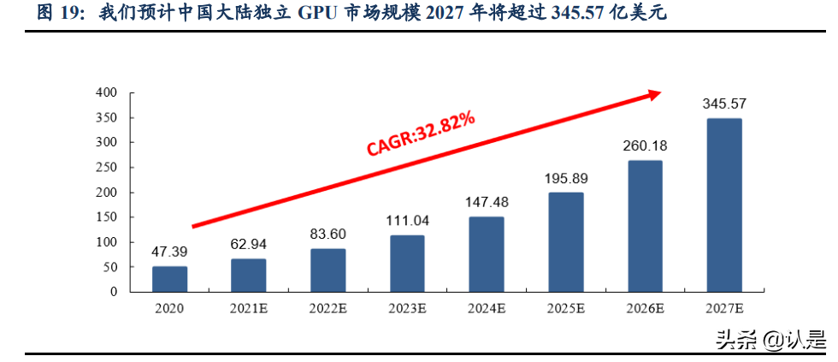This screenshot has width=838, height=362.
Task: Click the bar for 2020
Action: click(169, 279)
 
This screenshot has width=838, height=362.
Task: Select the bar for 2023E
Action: click(407, 264)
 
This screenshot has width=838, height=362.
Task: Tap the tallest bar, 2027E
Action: click(723, 205)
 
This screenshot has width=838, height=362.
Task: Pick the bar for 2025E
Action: click(565, 242)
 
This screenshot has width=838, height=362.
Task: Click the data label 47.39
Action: click(169, 252)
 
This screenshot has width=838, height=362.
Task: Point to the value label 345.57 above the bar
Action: click(723, 104)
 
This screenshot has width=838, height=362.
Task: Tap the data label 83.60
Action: click(328, 233)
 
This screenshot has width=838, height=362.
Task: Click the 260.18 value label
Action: click(644, 145)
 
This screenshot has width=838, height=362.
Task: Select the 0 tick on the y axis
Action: click(112, 292)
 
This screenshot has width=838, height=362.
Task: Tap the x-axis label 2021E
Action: click(248, 308)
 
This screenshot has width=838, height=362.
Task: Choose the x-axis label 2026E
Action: click(644, 308)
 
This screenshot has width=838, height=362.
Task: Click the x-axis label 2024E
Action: click(486, 308)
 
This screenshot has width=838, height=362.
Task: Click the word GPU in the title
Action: click(319, 15)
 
